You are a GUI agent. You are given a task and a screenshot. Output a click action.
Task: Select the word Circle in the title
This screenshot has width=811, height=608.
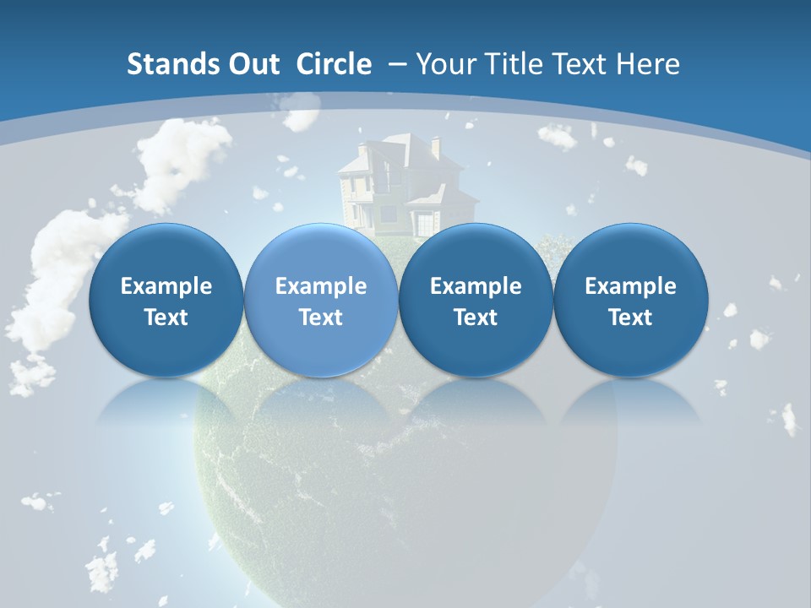(333, 64)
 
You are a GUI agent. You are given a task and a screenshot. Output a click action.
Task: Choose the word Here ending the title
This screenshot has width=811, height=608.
(648, 64)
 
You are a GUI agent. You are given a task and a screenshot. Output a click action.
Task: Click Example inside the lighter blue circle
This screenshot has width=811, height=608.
(321, 286)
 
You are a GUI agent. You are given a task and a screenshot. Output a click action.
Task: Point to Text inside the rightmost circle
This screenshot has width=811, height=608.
(630, 318)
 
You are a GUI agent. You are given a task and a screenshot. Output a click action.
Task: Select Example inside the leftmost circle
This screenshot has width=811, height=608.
(166, 286)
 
